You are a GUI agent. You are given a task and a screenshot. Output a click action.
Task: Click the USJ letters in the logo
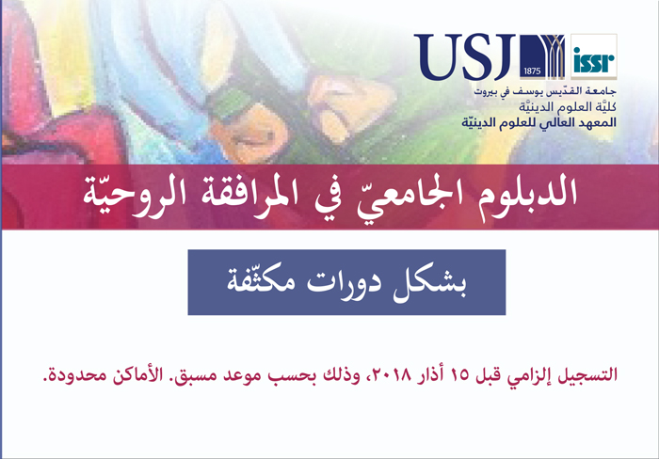tap(465, 57)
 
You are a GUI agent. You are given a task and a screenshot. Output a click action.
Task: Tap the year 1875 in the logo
tap(532, 71)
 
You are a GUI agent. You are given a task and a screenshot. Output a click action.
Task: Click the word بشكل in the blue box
tap(429, 282)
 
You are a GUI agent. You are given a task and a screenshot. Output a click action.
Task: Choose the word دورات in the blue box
tap(344, 283)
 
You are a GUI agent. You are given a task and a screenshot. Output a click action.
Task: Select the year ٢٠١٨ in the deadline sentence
tap(392, 374)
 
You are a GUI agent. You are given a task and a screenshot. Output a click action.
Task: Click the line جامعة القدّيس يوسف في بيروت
tap(545, 91)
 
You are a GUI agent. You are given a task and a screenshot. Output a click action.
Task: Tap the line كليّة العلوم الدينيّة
tap(568, 107)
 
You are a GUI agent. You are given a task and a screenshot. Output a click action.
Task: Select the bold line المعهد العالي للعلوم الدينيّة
tap(539, 122)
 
